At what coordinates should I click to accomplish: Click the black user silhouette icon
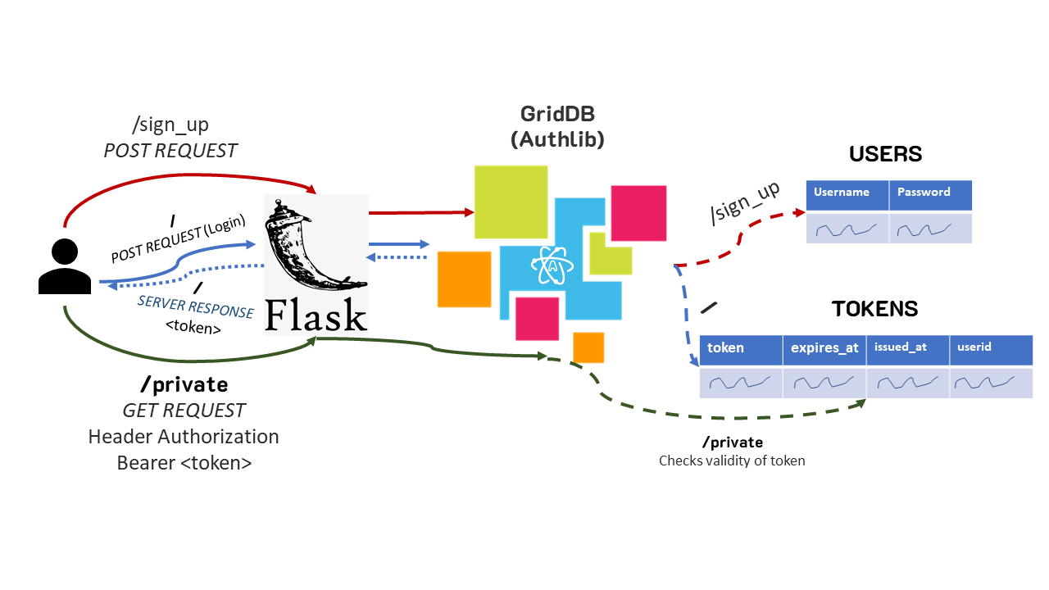click(65, 267)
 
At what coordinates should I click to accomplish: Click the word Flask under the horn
click(316, 315)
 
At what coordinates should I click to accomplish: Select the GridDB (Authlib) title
click(557, 126)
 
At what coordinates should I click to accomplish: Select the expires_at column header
click(824, 349)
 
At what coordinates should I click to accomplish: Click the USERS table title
click(885, 154)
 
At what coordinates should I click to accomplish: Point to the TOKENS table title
click(874, 309)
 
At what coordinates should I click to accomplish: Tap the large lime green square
click(511, 202)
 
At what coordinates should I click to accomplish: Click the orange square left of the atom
click(463, 279)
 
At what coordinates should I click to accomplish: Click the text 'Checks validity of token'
click(732, 461)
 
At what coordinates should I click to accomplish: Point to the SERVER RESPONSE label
click(195, 307)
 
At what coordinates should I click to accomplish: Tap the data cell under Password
click(930, 229)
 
